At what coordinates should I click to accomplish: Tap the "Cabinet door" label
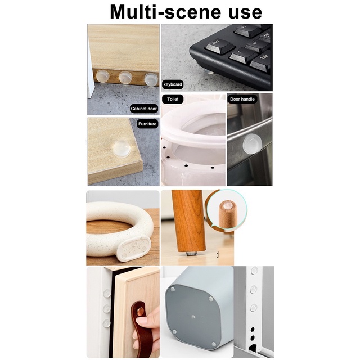coord(144,109)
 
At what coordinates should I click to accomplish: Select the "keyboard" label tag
coord(173,84)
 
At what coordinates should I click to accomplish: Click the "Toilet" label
coord(173,99)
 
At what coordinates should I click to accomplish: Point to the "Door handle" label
coord(242,99)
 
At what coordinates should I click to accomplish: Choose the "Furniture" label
coord(147,124)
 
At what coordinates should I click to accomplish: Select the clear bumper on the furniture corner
coord(121,148)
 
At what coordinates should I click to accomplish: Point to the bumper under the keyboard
coord(209,72)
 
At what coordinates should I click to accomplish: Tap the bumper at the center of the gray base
coord(193,317)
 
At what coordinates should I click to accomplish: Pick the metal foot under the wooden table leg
coord(191,253)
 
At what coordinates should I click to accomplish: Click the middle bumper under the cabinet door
coord(125,77)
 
